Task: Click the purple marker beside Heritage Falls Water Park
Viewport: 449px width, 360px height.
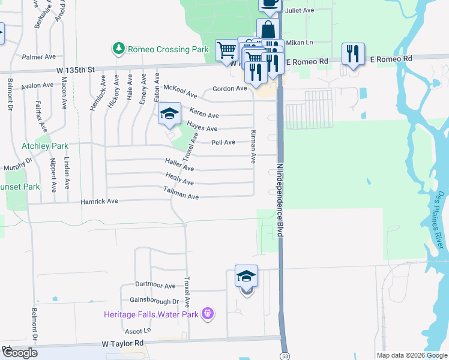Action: [x=208, y=313]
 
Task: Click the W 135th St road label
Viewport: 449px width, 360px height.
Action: [x=76, y=70]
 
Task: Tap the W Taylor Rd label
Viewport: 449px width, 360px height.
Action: [x=122, y=343]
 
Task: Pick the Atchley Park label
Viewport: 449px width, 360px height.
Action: [x=45, y=146]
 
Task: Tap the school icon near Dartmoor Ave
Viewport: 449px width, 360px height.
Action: [x=246, y=276]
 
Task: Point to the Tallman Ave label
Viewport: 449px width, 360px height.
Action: [x=181, y=193]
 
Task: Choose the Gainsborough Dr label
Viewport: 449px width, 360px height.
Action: [x=154, y=301]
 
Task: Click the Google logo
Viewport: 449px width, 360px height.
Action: [x=20, y=353]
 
